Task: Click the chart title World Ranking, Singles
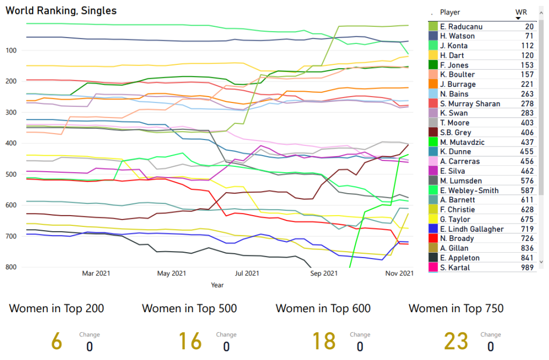[x=61, y=11]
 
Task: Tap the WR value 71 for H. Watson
[x=529, y=36]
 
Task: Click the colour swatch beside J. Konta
[x=433, y=46]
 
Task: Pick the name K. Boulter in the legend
[x=457, y=75]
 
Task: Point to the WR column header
[x=520, y=12]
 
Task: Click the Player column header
[x=450, y=12]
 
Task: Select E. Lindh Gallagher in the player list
[x=472, y=229]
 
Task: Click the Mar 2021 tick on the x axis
[x=96, y=274]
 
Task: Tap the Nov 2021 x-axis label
[x=400, y=274]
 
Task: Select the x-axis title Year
[x=217, y=285]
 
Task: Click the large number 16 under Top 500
[x=190, y=341]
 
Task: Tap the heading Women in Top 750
[x=456, y=308]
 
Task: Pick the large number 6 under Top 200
[x=56, y=341]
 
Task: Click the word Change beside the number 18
[x=360, y=335]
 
